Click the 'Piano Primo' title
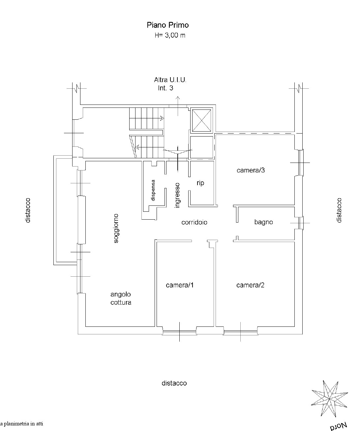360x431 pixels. pos(167,25)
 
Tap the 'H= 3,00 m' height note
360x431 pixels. pos(170,36)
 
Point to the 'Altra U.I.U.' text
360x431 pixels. pos(170,80)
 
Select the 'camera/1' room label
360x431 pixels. pos(180,285)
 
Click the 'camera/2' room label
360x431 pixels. pos(250,285)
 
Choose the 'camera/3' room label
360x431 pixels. pos(251,170)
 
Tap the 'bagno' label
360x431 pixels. pos(263,222)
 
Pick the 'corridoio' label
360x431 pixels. pos(194,222)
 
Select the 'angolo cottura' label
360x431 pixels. pos(121,298)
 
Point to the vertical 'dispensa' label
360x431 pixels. pos(153,190)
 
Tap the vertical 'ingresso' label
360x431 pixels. pos(177,195)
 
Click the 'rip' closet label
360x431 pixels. pos(200,183)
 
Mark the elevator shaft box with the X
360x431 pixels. pos(201,120)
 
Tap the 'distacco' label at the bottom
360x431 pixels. pos(174,383)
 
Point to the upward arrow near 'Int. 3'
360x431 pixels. pos(178,106)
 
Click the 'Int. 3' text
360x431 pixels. pos(165,88)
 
